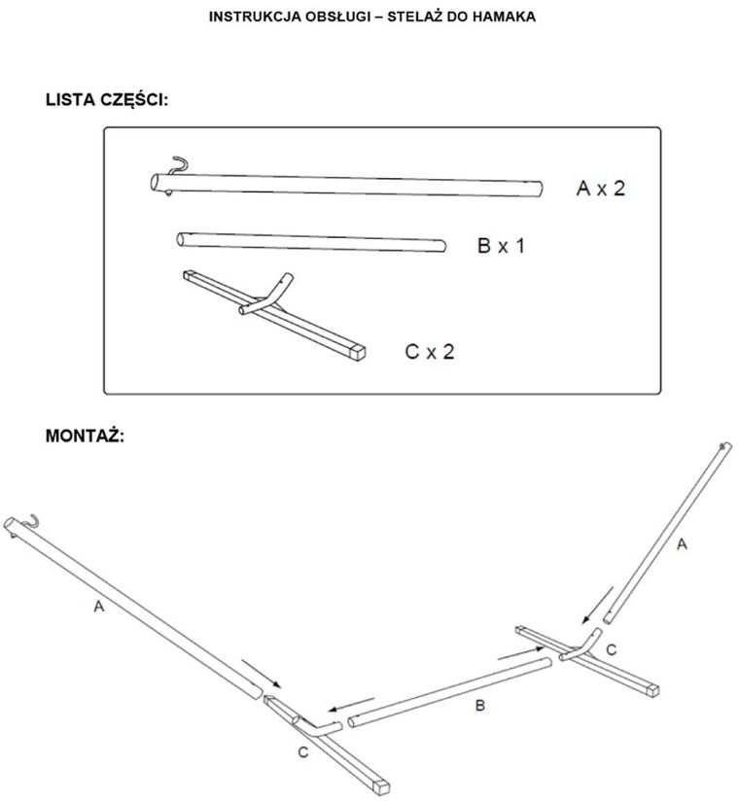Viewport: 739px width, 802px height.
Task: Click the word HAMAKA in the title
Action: [x=500, y=17]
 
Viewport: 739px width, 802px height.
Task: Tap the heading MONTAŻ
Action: [x=85, y=436]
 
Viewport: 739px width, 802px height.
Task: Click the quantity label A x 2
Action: [x=601, y=189]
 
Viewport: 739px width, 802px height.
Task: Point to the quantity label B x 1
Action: [x=501, y=247]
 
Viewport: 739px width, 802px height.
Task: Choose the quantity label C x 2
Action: [x=429, y=351]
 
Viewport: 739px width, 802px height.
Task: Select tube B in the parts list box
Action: [x=311, y=241]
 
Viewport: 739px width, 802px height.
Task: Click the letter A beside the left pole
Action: [x=97, y=608]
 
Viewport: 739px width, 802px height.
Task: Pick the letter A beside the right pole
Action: [x=681, y=544]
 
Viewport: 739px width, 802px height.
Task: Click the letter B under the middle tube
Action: [x=479, y=707]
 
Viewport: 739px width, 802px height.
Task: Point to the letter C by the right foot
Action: [x=611, y=648]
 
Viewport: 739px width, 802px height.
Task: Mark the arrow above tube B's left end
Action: [x=352, y=705]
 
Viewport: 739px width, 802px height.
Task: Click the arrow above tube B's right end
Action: [x=515, y=655]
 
